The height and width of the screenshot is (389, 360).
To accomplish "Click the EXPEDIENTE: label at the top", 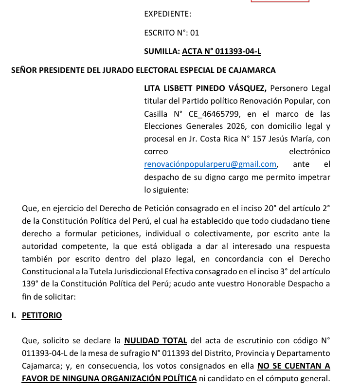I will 167,14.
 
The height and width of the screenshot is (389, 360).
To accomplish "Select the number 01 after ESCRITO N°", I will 195,33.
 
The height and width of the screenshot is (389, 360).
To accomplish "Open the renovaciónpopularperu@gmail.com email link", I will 210,164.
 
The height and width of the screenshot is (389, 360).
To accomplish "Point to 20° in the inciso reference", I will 270,208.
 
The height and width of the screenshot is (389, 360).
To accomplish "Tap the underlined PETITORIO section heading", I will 42,315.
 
